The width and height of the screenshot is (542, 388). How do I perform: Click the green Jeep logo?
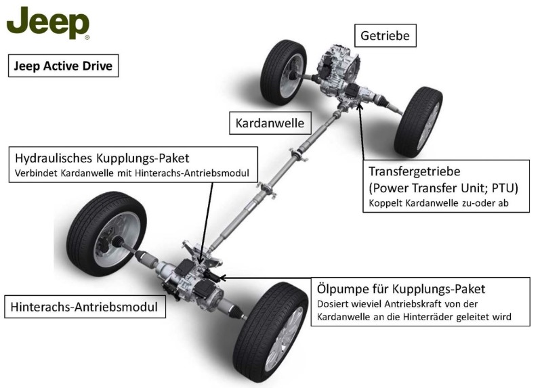click(x=47, y=24)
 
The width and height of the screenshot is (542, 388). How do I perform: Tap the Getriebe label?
click(x=385, y=35)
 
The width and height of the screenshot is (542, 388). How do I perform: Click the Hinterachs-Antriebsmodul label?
click(x=84, y=307)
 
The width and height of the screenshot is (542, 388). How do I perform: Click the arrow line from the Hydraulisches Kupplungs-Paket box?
click(x=209, y=217)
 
